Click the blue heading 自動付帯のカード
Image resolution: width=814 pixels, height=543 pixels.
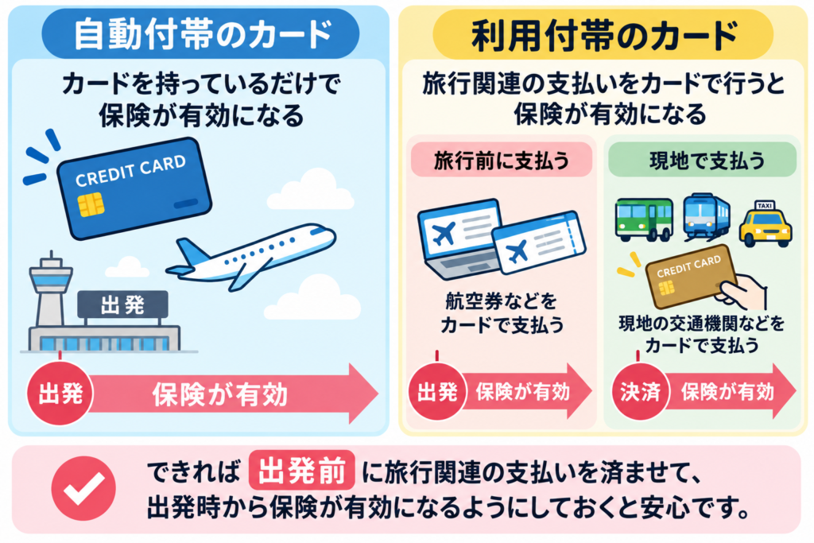(200, 33)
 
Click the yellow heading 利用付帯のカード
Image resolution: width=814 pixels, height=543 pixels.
(603, 34)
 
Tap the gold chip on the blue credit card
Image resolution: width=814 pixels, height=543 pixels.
(91, 204)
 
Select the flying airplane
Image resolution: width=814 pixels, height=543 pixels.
(250, 254)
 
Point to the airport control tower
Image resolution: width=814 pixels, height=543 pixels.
(50, 291)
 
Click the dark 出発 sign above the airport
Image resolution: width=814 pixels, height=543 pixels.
(122, 304)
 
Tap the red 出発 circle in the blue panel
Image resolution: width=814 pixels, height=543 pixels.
(60, 394)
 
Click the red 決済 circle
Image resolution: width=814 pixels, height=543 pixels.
(640, 392)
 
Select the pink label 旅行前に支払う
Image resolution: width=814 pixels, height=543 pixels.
(501, 161)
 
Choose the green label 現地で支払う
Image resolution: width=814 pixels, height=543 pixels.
(703, 161)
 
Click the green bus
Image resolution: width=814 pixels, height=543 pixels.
(644, 219)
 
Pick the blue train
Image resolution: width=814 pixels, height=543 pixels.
(706, 216)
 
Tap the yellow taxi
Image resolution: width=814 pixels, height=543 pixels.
(766, 223)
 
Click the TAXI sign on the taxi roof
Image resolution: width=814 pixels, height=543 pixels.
(766, 206)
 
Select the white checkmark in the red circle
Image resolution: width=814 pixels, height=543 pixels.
(83, 488)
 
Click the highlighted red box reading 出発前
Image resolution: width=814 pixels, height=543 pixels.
(301, 471)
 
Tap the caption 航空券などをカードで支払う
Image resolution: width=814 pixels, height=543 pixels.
(502, 313)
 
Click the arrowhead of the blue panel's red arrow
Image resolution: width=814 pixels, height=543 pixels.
(363, 394)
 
